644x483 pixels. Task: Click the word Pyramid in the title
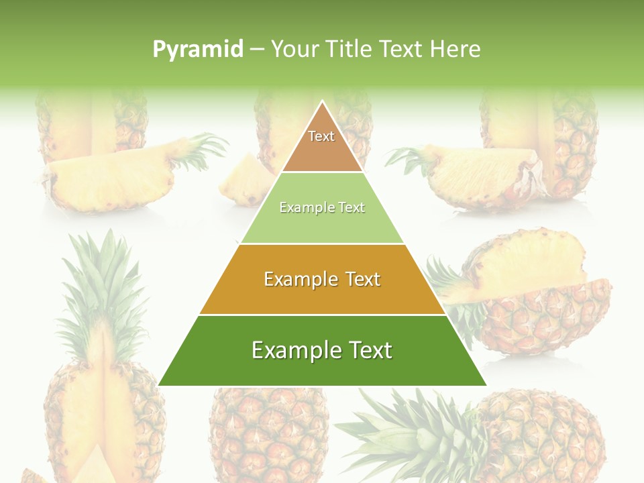pyautogui.click(x=197, y=50)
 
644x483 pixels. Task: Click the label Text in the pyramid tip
pyautogui.click(x=321, y=136)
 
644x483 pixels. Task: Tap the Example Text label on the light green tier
pyautogui.click(x=322, y=208)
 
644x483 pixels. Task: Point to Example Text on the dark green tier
pyautogui.click(x=322, y=350)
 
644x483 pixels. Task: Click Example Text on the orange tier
pyautogui.click(x=322, y=279)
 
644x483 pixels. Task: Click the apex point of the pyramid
pyautogui.click(x=323, y=103)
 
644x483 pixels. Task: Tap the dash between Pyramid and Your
pyautogui.click(x=257, y=50)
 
